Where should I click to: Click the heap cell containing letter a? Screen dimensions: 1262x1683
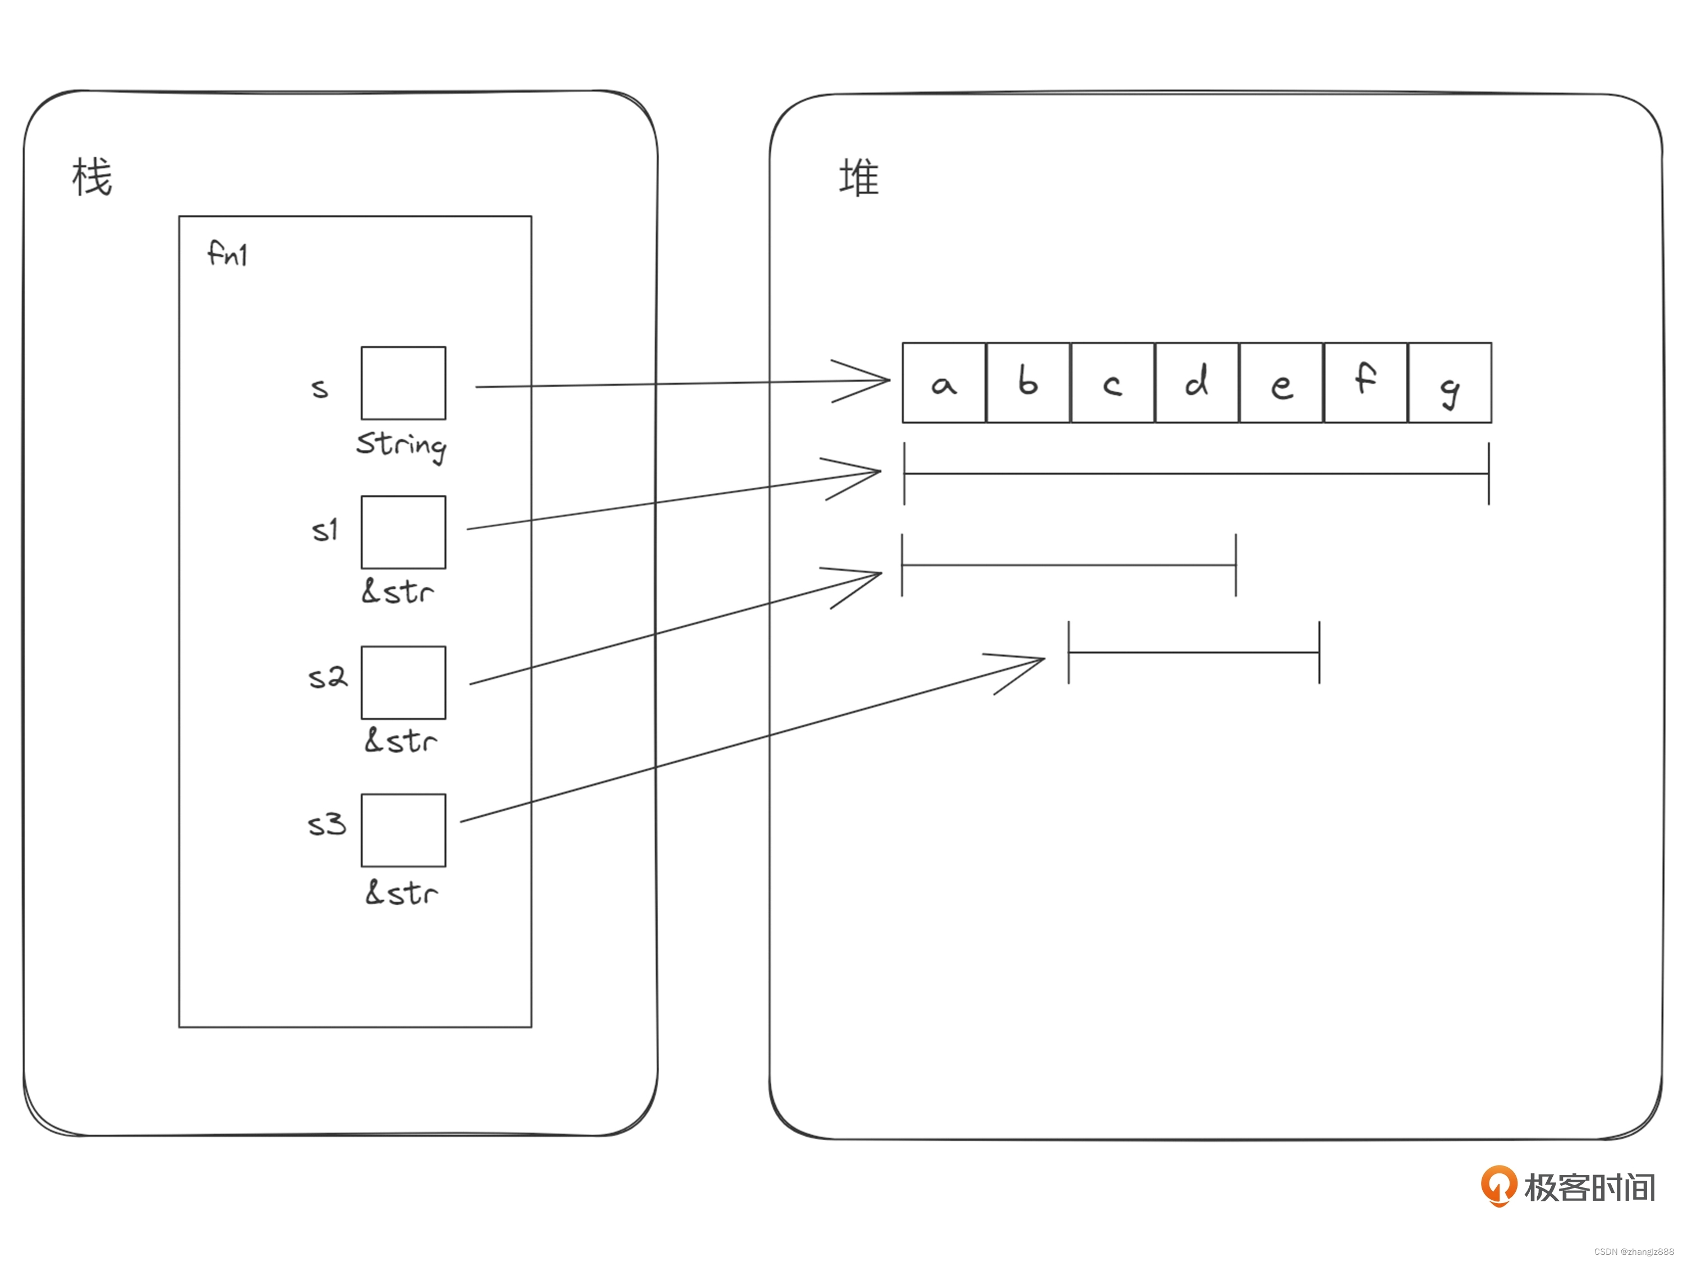pos(944,383)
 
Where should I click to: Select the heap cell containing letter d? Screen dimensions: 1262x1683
pos(1197,383)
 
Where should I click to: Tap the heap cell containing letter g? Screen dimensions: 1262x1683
pos(1450,383)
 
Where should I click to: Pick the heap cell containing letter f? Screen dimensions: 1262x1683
pos(1365,383)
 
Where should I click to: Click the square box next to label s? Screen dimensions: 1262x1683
pos(403,383)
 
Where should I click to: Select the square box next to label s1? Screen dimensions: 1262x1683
pos(403,532)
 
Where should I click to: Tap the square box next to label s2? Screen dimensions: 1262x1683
pos(403,682)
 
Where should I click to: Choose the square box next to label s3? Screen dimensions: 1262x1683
pos(403,830)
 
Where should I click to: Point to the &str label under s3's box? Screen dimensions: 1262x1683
pos(402,892)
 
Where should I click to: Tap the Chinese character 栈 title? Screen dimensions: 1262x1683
pos(92,177)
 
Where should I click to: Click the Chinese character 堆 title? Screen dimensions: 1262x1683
pos(859,178)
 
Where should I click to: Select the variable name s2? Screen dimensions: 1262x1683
pos(327,677)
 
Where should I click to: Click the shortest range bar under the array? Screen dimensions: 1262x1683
pos(1194,652)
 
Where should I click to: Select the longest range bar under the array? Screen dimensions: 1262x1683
pos(1196,474)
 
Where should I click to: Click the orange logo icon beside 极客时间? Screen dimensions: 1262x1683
pos(1498,1185)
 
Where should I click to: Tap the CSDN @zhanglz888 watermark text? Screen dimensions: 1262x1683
pos(1634,1251)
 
